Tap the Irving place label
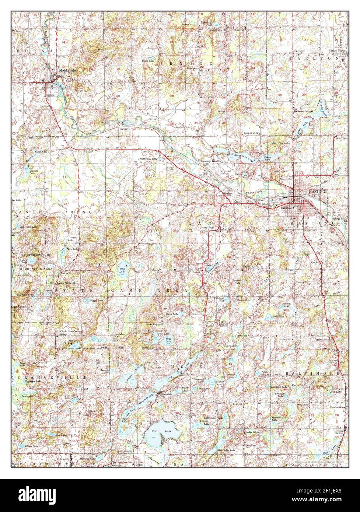point(123,129)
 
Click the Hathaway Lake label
point(149,159)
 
